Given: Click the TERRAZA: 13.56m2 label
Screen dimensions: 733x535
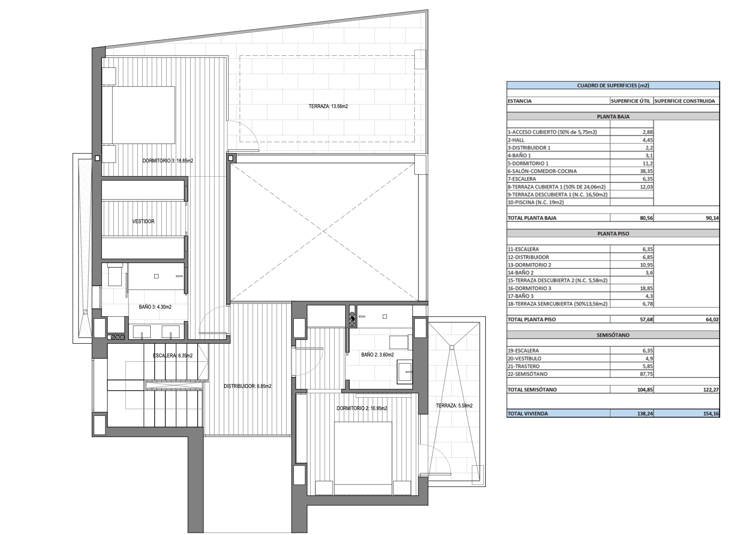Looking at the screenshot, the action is click(x=328, y=106).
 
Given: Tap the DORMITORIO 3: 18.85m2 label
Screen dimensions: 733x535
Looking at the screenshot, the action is click(x=168, y=161).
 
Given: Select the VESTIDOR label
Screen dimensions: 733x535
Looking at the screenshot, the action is click(x=143, y=221).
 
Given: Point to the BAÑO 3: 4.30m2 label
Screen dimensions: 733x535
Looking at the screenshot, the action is click(x=155, y=307).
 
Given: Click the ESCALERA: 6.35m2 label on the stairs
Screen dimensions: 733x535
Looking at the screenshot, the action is click(x=173, y=356).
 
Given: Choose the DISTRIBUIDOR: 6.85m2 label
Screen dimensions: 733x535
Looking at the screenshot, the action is click(x=247, y=386).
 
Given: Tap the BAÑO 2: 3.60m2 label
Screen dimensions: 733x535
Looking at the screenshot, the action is click(x=377, y=354).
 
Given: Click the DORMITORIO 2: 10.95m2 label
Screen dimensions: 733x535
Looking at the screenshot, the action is click(x=362, y=408).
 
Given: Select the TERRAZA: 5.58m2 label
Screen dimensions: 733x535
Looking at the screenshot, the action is click(x=454, y=406).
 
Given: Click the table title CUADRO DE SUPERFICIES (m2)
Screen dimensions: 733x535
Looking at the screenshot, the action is click(x=613, y=85).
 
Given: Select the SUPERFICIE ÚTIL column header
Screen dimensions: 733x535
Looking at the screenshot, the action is click(x=631, y=101).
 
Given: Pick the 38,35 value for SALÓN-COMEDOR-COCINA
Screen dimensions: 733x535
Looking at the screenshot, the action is click(x=646, y=171).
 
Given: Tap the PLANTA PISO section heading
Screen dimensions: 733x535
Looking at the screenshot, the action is click(x=613, y=234).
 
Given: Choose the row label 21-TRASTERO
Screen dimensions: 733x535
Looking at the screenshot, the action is click(x=523, y=366).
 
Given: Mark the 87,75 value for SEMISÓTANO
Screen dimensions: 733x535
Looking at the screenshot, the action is click(x=646, y=374).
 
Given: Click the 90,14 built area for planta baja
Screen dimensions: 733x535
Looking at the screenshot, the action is click(x=712, y=218).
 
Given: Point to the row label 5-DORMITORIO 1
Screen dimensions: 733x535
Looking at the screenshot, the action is click(x=528, y=163).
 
